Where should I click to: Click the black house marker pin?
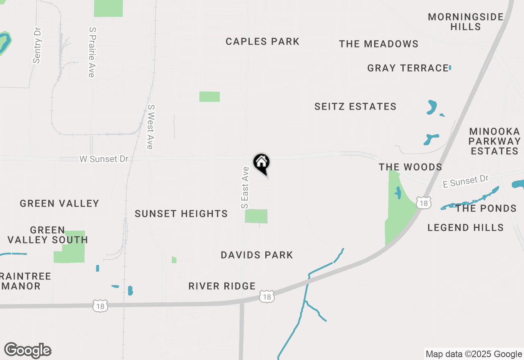coord(261,163)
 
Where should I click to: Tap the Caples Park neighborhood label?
coord(262,41)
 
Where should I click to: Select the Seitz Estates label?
coord(355,107)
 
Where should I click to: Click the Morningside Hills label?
coord(466,22)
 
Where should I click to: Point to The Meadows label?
coord(379,44)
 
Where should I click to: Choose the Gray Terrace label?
coord(408,68)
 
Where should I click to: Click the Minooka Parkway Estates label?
coord(495,141)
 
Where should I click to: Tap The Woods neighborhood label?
coord(410,167)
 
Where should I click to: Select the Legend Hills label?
coord(465,227)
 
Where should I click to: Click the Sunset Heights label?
coord(181,214)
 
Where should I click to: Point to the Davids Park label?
coord(257,255)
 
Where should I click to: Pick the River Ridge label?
coord(222,286)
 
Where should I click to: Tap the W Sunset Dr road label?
coord(104,159)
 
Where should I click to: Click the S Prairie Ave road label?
coord(92,52)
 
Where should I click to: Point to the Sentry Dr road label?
coord(37,45)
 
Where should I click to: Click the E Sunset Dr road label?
coord(466,181)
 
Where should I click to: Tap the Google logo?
coord(27,351)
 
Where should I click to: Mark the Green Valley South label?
coord(47,235)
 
